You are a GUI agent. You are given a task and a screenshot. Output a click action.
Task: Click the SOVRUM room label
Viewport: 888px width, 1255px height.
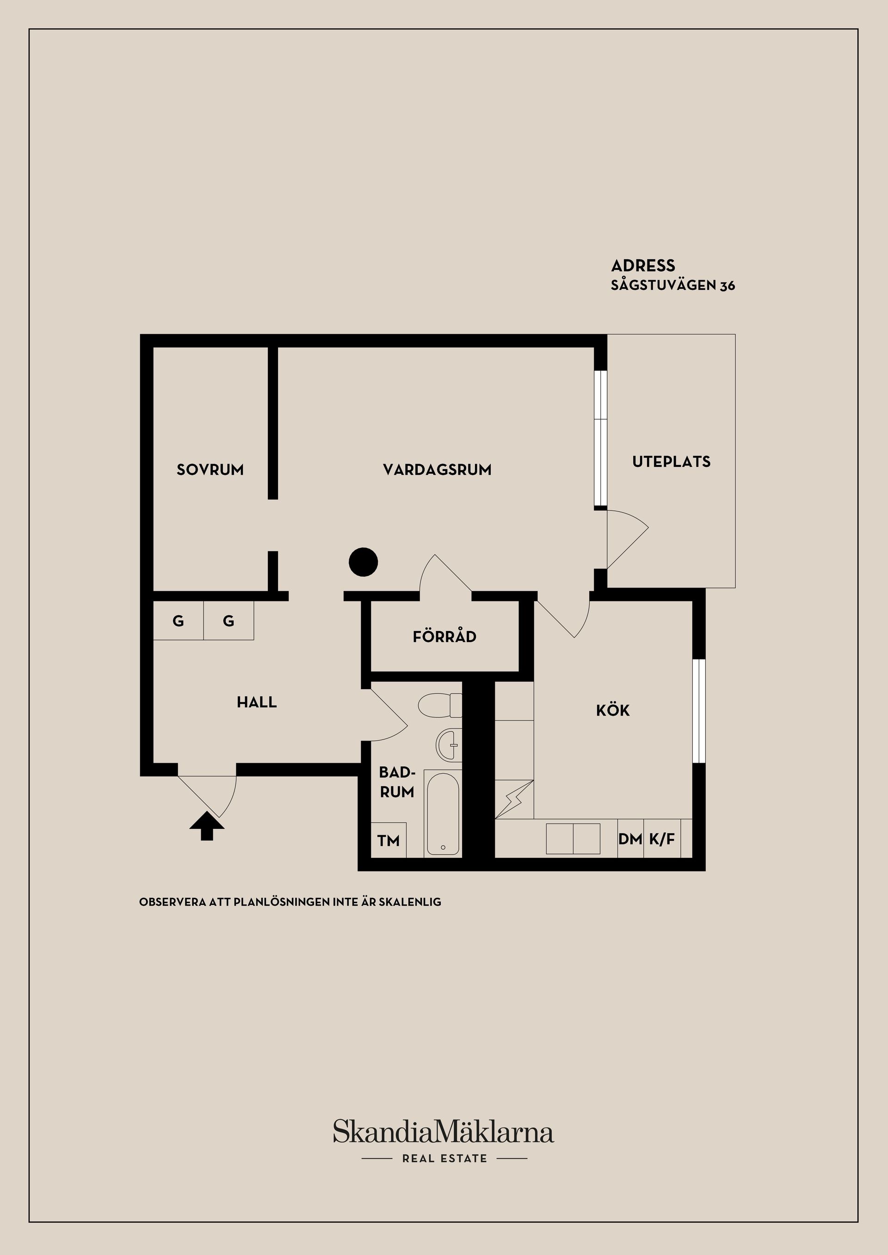click(x=210, y=470)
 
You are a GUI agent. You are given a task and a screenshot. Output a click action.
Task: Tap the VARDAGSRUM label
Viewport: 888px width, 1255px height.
click(x=437, y=470)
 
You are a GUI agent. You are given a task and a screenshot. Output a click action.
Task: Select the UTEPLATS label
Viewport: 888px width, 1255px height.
click(x=672, y=461)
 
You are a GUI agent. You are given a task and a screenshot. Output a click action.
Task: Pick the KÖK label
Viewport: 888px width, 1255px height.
click(x=613, y=710)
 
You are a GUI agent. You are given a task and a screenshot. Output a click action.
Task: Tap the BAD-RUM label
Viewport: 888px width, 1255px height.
click(x=397, y=782)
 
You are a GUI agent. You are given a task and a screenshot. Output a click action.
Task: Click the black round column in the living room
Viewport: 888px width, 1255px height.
click(x=364, y=562)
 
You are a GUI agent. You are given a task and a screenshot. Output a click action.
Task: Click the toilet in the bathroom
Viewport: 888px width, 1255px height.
click(x=440, y=705)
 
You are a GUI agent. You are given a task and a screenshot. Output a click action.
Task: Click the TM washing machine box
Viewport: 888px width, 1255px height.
click(x=388, y=840)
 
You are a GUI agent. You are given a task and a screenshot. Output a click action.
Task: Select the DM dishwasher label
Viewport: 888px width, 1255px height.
click(x=630, y=839)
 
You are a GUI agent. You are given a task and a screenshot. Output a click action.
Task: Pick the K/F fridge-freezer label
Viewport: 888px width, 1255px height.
click(x=662, y=839)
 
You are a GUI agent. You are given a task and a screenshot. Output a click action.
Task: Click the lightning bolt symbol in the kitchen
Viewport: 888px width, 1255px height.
click(x=514, y=800)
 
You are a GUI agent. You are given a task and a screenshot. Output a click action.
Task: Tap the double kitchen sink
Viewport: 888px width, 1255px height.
click(x=573, y=839)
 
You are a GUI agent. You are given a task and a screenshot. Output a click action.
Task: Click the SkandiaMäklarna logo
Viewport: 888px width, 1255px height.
click(x=444, y=1132)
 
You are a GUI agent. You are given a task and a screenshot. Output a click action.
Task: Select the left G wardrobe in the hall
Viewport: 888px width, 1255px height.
click(x=178, y=620)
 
